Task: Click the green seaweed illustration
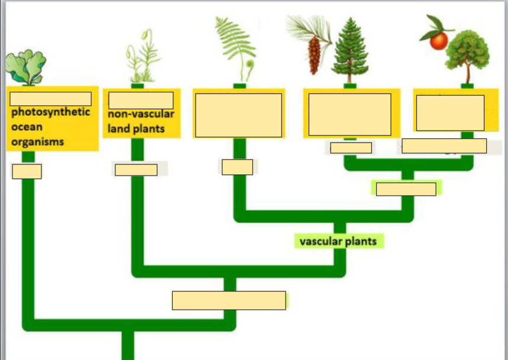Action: (25, 66)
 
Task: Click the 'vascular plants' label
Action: (338, 241)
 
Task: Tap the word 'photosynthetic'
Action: (51, 112)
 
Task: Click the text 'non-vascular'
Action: (141, 114)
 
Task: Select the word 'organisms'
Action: (37, 142)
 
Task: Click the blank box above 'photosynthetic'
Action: (50, 99)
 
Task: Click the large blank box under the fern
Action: (238, 115)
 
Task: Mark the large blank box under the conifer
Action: (350, 114)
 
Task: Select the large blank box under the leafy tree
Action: (450, 112)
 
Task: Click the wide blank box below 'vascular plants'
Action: (229, 300)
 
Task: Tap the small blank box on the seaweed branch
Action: (27, 171)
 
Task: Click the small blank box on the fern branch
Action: (237, 167)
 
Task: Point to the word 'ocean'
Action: (27, 127)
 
